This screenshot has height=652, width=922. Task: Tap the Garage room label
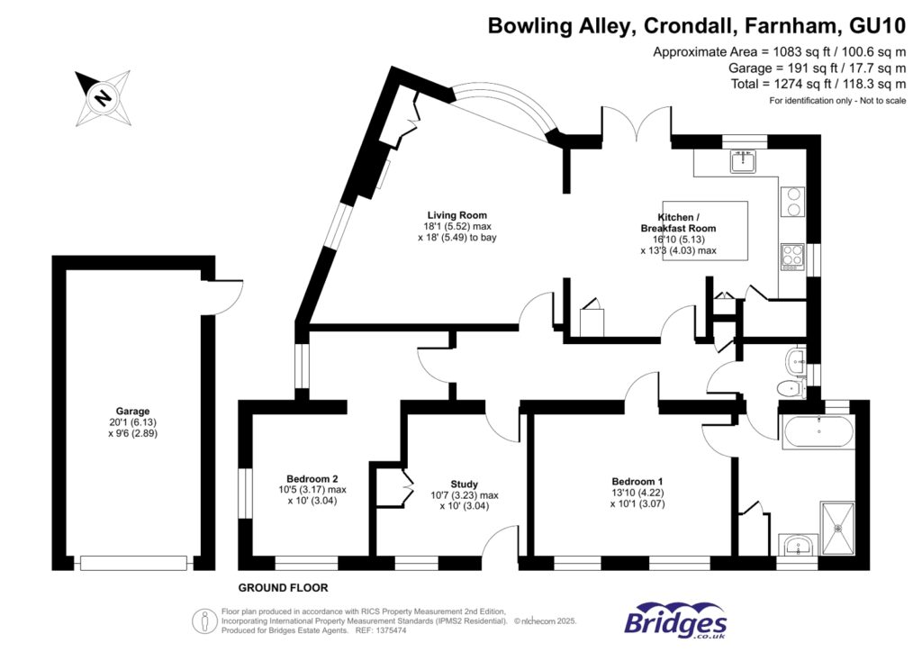(x=131, y=411)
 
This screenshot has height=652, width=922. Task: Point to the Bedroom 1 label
(x=638, y=481)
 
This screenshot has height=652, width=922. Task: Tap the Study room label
(x=464, y=484)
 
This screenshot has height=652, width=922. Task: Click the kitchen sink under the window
(x=744, y=162)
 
